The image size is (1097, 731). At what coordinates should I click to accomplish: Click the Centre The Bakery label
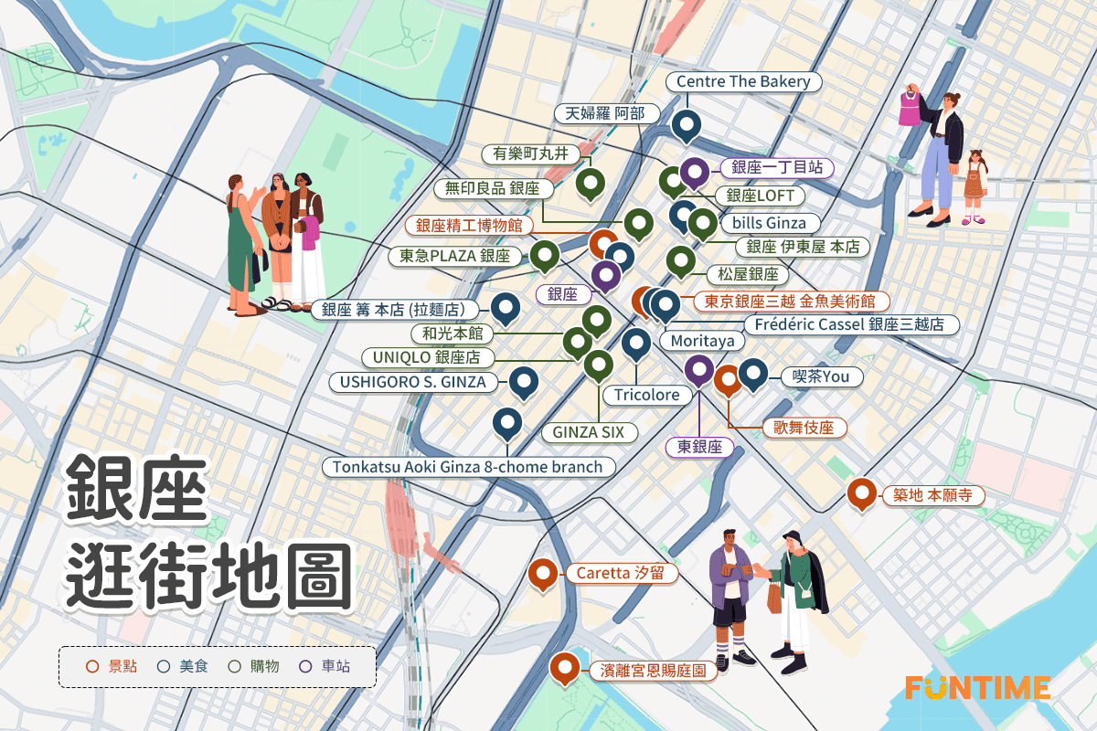coord(743,82)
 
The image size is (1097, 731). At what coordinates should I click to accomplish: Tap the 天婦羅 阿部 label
coord(606,113)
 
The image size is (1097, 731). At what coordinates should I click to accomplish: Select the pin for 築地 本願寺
coord(862,492)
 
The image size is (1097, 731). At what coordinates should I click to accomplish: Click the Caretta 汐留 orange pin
coord(544,574)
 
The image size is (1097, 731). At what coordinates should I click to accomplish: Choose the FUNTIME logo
coord(977,687)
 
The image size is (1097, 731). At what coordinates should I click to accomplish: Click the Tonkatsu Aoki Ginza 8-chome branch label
coord(468,467)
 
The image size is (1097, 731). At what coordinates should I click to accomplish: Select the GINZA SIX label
coord(588,432)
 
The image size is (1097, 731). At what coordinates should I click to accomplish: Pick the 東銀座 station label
coord(700,448)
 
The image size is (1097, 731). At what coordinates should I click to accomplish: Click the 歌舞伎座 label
coord(804,428)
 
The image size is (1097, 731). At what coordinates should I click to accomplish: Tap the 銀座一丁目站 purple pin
coord(694,171)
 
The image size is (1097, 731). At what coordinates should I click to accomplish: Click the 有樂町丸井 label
coord(530,154)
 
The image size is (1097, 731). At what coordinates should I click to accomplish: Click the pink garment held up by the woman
coord(910,109)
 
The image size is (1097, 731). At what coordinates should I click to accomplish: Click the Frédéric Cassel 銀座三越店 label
coord(850,324)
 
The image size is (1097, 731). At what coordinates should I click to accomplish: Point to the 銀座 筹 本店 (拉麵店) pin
coord(506,308)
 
